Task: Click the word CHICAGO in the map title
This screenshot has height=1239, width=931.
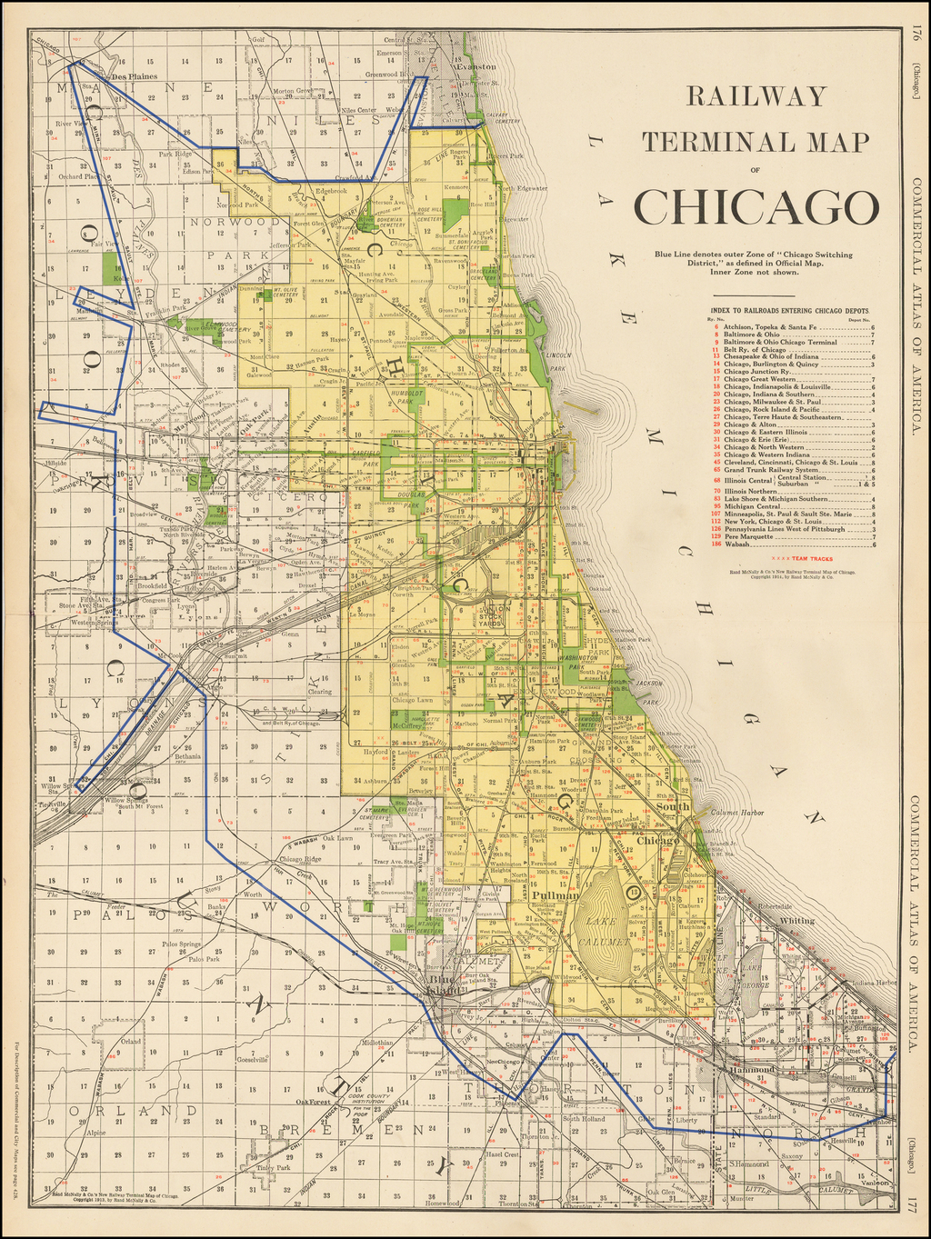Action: click(x=756, y=206)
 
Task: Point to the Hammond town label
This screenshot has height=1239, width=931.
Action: click(x=751, y=1070)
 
